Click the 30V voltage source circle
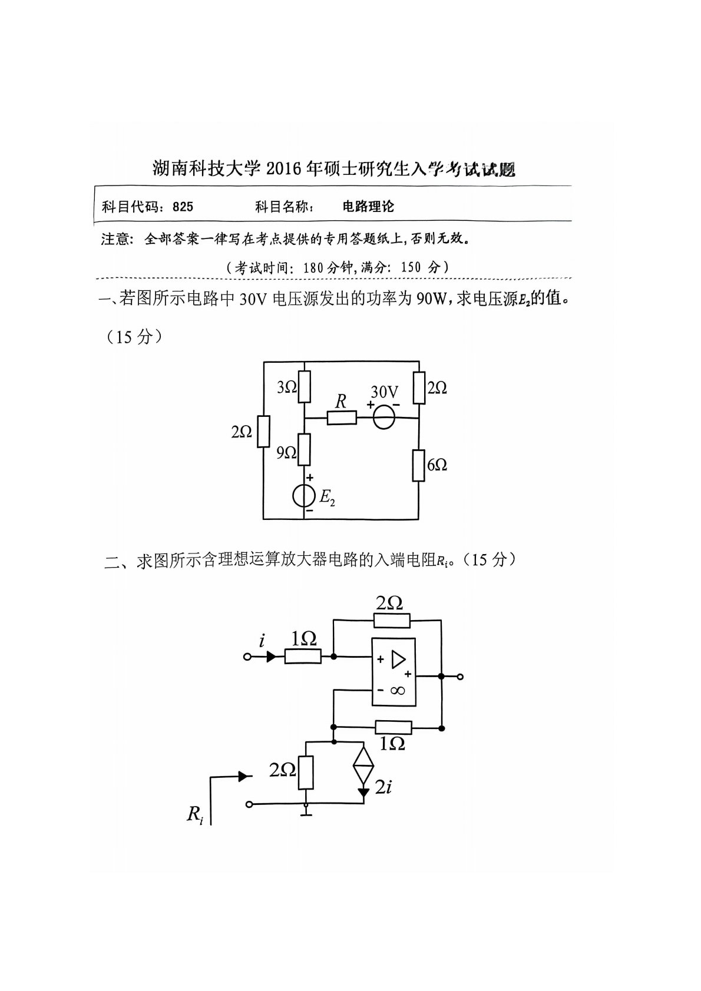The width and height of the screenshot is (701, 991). click(x=383, y=417)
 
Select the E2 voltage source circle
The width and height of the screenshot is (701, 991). click(x=304, y=496)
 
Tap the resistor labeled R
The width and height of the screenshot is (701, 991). click(x=342, y=418)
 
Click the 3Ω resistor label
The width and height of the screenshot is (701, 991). click(x=287, y=387)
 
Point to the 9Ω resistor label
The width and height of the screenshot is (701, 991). click(x=286, y=452)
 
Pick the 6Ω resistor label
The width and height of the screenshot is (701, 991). click(x=437, y=465)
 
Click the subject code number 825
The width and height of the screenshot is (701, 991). click(x=183, y=207)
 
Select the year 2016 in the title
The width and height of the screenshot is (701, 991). click(x=283, y=170)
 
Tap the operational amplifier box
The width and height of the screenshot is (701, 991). click(x=394, y=671)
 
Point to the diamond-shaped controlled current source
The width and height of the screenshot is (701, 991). click(x=363, y=765)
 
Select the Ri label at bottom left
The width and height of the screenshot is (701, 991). click(x=194, y=814)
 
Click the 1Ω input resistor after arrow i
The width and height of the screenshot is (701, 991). click(x=303, y=656)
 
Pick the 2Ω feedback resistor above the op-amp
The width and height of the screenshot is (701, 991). click(x=392, y=620)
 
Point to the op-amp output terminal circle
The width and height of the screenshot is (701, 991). click(x=461, y=677)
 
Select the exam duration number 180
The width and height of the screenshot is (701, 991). click(x=313, y=267)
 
